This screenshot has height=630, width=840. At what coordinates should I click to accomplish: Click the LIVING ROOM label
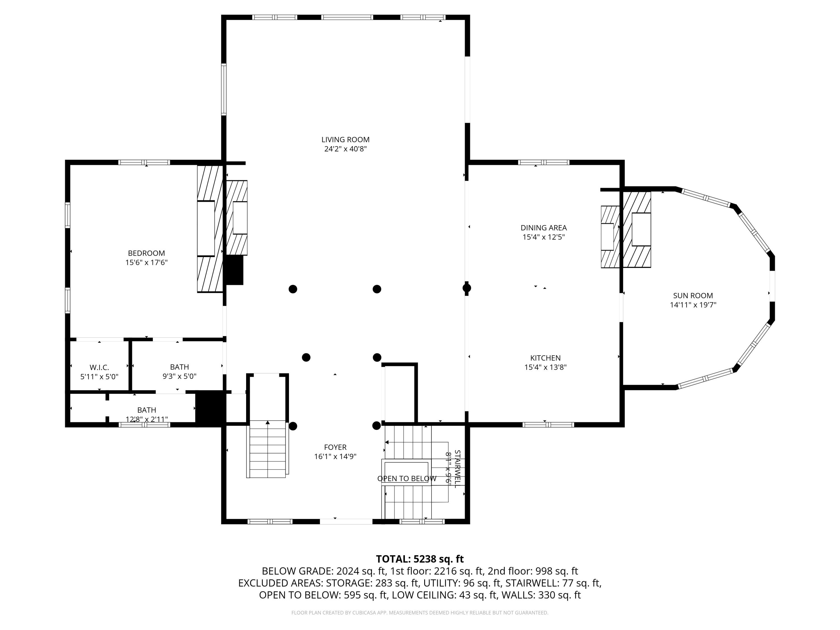(345, 140)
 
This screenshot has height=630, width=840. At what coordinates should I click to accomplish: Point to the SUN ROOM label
(693, 295)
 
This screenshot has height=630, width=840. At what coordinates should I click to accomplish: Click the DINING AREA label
(543, 228)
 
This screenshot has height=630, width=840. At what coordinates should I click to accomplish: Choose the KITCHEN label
(545, 358)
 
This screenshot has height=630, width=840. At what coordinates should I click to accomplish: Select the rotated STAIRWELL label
(457, 469)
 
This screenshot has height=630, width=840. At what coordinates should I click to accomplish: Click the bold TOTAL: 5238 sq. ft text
(420, 559)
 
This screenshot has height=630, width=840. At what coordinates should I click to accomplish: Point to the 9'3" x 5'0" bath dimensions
(179, 376)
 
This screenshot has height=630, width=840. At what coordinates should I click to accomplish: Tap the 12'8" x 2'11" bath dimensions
(147, 419)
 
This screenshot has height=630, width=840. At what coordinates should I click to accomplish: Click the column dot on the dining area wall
(467, 288)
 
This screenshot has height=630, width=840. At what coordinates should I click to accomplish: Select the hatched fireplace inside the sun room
(637, 229)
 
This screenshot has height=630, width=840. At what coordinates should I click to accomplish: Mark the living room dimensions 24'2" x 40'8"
(345, 149)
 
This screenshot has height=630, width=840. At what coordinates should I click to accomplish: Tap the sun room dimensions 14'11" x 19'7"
(693, 305)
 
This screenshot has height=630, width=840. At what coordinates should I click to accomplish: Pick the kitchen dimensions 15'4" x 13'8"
(545, 367)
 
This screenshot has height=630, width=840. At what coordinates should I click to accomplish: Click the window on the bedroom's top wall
(144, 162)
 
